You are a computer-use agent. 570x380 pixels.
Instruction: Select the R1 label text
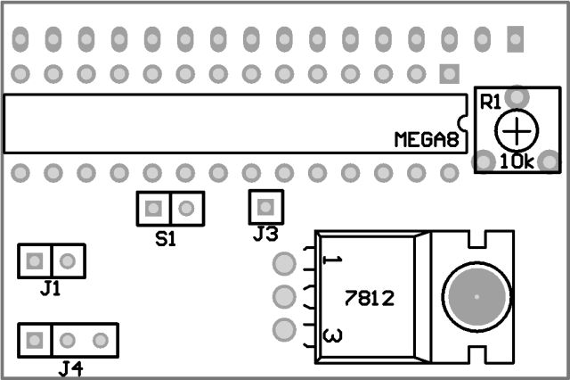pos(491,101)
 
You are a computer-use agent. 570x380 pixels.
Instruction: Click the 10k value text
pos(517,162)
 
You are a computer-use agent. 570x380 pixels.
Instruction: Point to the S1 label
pos(166,239)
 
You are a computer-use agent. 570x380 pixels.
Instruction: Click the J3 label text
pos(265,235)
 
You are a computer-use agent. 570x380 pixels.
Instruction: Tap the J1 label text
pos(51,288)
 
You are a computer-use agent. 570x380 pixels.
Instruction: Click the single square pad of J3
pos(265,208)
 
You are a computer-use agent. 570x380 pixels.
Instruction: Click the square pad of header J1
pos(35,261)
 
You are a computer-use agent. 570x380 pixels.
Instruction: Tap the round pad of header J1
pos(68,261)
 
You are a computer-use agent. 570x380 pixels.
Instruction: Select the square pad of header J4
pos(35,340)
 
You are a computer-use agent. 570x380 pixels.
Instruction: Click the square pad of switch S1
pos(153,209)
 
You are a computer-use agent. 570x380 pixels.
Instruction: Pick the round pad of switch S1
pos(186,209)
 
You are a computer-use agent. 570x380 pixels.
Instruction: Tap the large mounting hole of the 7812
pos(476,296)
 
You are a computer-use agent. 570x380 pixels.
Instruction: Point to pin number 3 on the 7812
pos(331,336)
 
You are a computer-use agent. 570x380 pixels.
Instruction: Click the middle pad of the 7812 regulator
pos(284,296)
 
